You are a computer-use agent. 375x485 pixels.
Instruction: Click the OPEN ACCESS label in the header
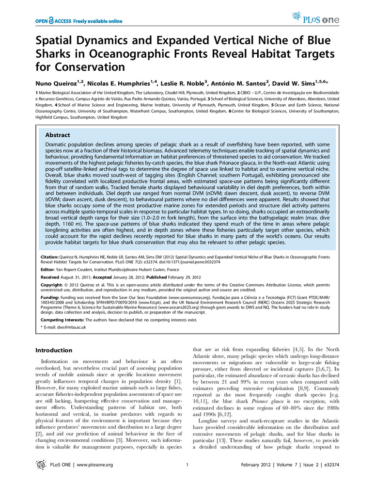pos(53,21)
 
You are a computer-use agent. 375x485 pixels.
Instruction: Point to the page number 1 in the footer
pos(187,465)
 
